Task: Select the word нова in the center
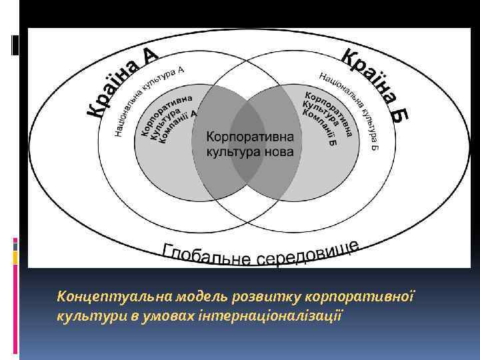[284, 152]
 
